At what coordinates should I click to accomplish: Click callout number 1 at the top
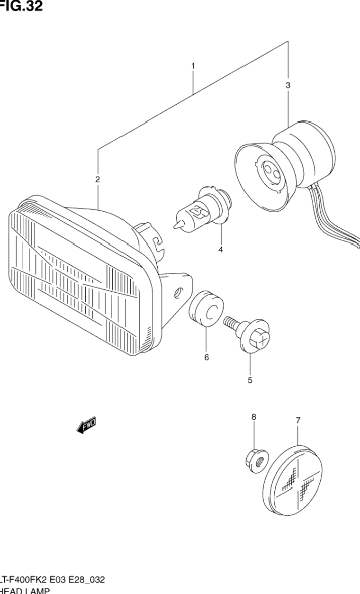(x=193, y=66)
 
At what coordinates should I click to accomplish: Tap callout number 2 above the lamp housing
(x=97, y=179)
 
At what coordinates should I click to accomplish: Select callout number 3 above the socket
(x=288, y=86)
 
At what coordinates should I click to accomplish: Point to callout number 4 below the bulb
(x=220, y=250)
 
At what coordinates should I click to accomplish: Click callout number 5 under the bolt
(x=250, y=379)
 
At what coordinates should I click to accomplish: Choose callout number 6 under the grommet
(x=207, y=358)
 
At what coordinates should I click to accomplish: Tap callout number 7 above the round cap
(x=298, y=420)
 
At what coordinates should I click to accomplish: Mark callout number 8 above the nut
(x=253, y=417)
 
